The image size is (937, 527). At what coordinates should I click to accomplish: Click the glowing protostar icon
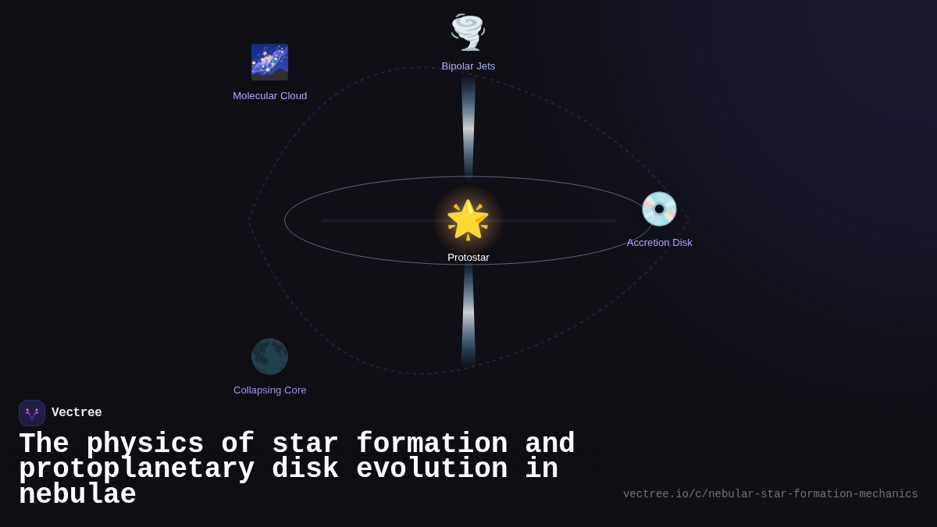pos(468,220)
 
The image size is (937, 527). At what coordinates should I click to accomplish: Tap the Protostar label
pos(468,258)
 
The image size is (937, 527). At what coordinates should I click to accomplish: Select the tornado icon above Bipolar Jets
pos(468,32)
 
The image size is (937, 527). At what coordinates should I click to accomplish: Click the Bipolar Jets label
pos(468,66)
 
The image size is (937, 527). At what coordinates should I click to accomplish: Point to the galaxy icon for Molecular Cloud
pos(269,62)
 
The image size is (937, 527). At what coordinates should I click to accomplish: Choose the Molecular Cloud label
pos(270,96)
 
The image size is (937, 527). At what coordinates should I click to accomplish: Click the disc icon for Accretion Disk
pos(659,209)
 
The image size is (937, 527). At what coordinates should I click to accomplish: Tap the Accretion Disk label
pos(659,243)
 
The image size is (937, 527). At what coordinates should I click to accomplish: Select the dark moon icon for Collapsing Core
pos(269,357)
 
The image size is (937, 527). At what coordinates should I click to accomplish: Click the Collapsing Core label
pos(270,390)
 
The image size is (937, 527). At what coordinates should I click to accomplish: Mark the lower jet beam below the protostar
pos(468,312)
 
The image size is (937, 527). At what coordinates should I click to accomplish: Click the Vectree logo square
pos(32,413)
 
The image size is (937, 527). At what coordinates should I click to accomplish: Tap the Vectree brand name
pos(77,413)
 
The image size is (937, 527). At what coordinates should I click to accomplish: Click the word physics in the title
pos(144,444)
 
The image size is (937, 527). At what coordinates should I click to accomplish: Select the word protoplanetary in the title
pos(137,469)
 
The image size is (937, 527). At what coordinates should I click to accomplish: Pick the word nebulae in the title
pos(77,495)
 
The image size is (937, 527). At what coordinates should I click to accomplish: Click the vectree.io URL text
pos(770,494)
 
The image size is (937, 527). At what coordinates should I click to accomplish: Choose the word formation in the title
pos(432,444)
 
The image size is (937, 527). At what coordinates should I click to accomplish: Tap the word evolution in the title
pos(432,469)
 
